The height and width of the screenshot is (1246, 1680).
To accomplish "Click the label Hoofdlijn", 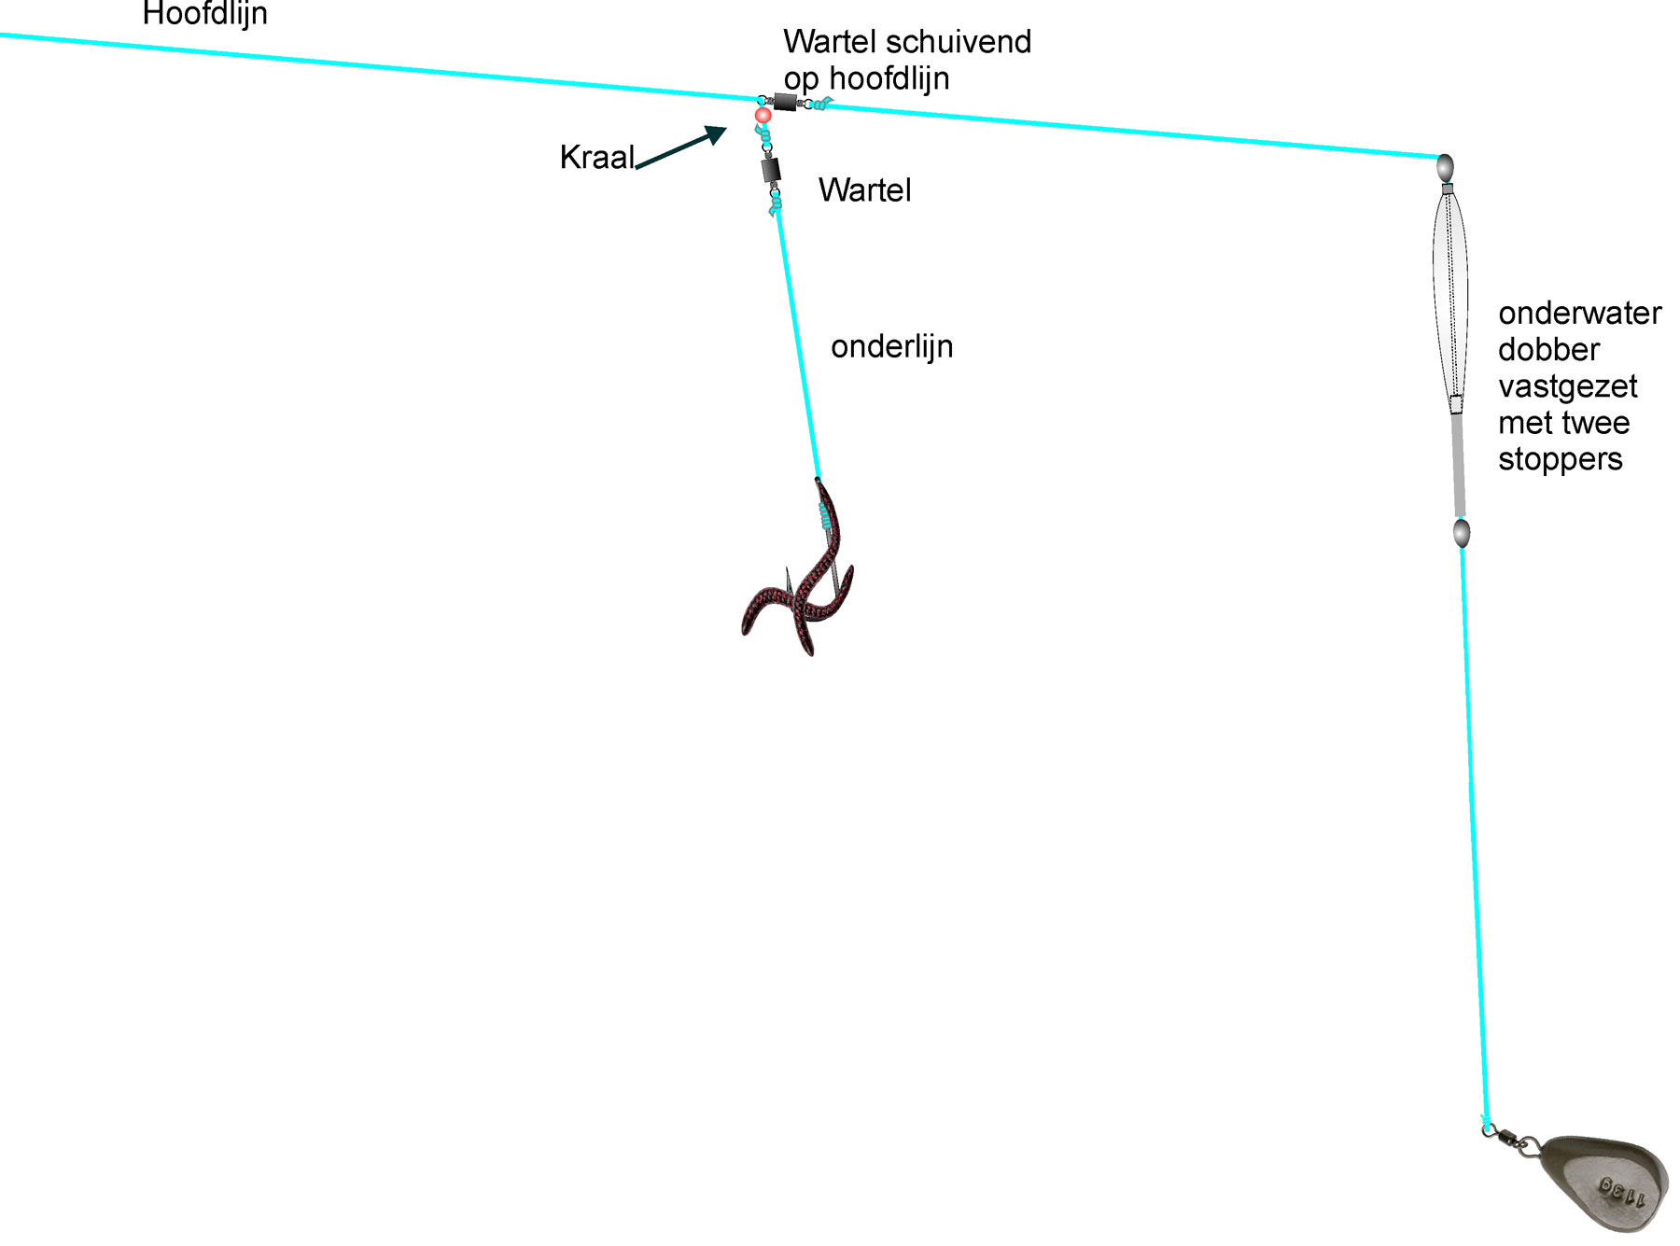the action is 205,13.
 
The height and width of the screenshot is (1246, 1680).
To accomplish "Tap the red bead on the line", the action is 763,115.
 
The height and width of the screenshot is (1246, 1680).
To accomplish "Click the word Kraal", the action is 597,157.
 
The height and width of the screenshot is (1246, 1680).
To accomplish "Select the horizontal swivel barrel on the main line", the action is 785,102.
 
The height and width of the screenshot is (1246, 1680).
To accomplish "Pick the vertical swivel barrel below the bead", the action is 771,170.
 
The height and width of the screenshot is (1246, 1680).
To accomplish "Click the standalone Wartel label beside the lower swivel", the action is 864,189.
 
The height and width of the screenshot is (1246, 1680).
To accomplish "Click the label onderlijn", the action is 892,346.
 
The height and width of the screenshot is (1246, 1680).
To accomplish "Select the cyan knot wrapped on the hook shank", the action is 824,515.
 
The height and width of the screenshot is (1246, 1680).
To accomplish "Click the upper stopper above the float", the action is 1444,168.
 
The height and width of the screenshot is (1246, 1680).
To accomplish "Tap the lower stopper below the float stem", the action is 1462,533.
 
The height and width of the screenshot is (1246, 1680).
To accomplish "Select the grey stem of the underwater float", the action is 1458,464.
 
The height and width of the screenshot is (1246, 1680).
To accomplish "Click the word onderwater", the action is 1580,313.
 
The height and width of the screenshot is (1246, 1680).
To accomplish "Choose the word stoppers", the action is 1561,459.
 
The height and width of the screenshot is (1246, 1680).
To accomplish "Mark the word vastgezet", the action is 1568,386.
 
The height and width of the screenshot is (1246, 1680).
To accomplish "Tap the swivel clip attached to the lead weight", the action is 1512,1139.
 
